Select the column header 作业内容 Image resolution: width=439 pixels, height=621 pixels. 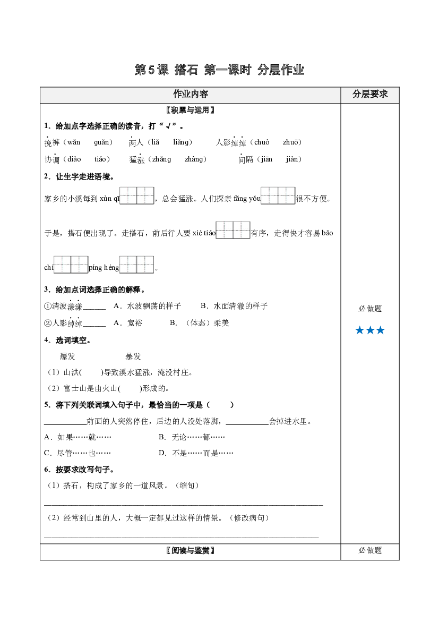coord(191,94)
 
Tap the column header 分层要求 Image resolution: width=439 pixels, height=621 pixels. coord(370,94)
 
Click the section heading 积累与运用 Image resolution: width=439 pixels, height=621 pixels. coord(191,110)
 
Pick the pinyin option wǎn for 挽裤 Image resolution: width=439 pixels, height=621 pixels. coord(74,142)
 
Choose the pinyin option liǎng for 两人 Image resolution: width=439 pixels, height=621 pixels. coord(181,142)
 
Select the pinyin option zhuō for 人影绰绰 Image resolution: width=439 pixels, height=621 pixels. coord(290,142)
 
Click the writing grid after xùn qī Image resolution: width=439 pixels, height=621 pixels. coord(136,195)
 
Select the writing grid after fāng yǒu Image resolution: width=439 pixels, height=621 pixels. coord(278,195)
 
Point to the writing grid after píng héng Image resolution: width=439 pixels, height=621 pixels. coord(136,265)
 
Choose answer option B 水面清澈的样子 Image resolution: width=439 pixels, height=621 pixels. coord(234,306)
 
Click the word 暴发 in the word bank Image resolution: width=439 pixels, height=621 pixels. coord(133,356)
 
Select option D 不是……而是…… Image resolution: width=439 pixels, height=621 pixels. coord(196,453)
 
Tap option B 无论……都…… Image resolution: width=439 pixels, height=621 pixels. coord(192,437)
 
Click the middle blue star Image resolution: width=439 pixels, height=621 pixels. coord(370,330)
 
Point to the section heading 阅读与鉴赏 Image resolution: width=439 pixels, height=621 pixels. coord(191,550)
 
